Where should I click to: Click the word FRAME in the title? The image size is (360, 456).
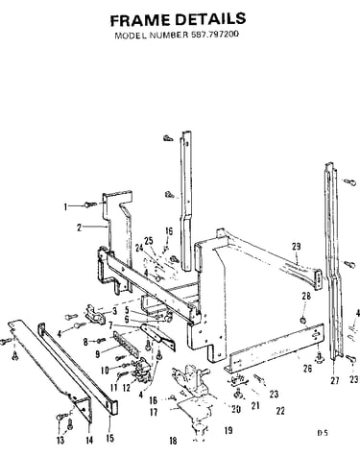(x=140, y=20)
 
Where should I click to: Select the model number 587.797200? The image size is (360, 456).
(x=215, y=35)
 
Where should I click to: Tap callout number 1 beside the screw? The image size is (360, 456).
(x=65, y=207)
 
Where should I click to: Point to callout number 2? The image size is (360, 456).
(x=79, y=228)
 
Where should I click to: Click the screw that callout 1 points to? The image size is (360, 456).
(x=90, y=204)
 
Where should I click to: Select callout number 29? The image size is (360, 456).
(x=297, y=247)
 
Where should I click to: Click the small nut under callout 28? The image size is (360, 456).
(x=302, y=320)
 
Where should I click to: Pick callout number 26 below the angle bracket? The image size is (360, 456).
(x=307, y=369)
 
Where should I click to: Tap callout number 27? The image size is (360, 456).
(x=335, y=380)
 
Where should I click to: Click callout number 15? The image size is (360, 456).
(x=109, y=438)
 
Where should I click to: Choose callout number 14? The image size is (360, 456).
(x=89, y=441)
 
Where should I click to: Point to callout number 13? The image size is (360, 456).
(x=60, y=441)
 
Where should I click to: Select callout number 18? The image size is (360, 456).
(x=173, y=441)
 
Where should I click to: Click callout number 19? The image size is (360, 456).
(x=228, y=430)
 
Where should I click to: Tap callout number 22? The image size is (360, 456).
(x=280, y=411)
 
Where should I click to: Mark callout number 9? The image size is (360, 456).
(x=98, y=353)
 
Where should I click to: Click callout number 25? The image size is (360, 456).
(x=149, y=241)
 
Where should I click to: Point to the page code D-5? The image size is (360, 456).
(x=323, y=433)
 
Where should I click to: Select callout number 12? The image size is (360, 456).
(x=127, y=388)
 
